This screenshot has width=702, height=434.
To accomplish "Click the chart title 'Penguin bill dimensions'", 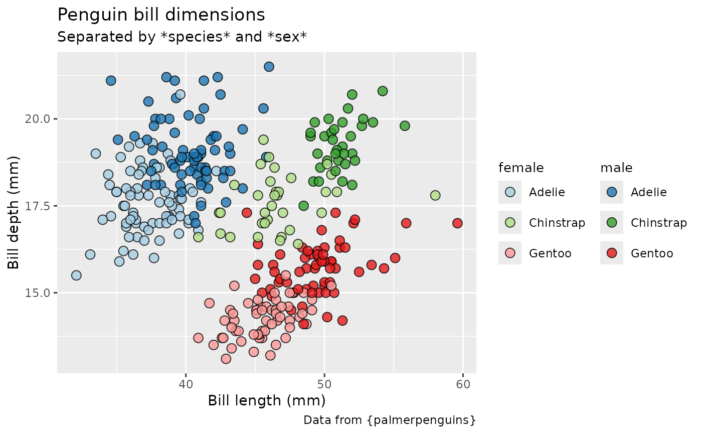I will pos(161,15).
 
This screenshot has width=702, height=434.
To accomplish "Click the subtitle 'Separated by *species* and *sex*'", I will pos(182,37).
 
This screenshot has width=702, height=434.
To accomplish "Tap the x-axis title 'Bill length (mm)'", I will pos(267,400).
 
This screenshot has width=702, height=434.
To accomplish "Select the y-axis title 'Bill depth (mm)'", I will pos(14,212).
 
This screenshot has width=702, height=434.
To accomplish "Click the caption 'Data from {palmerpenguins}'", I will pos(389,420).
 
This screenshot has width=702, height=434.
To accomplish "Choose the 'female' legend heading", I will pos(521,168).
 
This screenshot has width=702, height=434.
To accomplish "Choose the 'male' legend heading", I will pos(616,168).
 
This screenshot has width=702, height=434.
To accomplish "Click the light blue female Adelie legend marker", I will pos(510,192).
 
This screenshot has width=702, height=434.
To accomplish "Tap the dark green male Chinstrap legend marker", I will pos(612,223).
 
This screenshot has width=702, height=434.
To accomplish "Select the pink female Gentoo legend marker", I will pos(510,253).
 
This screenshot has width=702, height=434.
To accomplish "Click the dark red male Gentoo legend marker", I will pos(612,253).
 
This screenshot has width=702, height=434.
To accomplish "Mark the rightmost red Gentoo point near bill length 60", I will pos(457,223).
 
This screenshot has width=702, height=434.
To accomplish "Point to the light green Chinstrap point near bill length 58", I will pos(435,195).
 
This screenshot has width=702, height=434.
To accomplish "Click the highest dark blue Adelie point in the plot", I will pos(269,67).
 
